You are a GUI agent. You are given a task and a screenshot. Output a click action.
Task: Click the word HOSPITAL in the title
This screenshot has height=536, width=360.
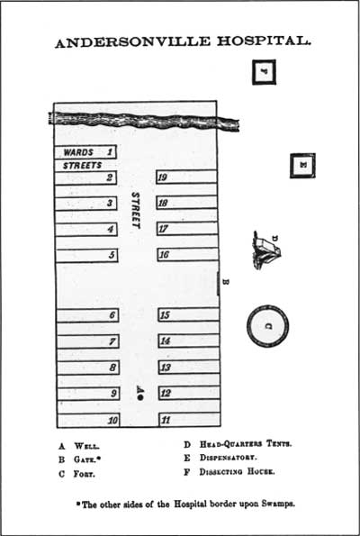click(x=264, y=41)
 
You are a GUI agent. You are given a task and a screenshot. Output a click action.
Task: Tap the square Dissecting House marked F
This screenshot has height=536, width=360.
click(x=264, y=72)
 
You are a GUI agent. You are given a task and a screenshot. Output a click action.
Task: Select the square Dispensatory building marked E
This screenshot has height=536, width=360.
click(x=302, y=166)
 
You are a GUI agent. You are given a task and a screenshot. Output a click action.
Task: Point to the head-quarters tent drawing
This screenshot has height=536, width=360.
click(x=266, y=250)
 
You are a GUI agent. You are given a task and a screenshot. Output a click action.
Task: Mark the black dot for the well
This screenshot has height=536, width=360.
click(x=140, y=397)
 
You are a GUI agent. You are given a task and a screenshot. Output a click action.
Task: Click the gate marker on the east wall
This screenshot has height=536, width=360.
click(x=219, y=284)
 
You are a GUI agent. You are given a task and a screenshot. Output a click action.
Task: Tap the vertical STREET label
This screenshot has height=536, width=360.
click(x=136, y=210)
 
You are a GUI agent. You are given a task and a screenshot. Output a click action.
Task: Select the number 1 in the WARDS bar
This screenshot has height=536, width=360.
click(x=110, y=151)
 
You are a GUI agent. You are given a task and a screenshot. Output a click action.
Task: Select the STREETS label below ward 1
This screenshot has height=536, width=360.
click(x=82, y=166)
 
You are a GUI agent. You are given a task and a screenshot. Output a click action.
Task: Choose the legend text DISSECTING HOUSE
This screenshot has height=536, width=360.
click(x=237, y=472)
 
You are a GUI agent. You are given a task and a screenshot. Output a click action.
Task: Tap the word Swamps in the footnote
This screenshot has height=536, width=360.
click(x=278, y=504)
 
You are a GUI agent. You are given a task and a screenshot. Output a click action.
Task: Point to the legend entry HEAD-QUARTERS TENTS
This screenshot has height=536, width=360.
click(x=246, y=444)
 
